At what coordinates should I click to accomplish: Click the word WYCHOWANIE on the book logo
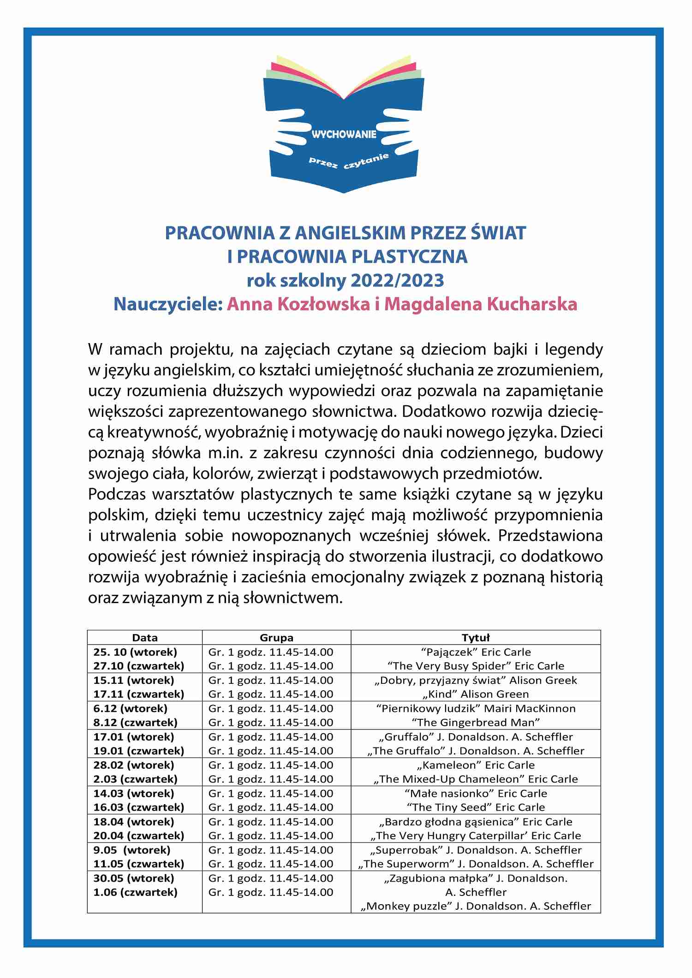(x=344, y=135)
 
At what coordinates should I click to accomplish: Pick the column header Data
(x=144, y=638)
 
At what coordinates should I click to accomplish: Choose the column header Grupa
(x=276, y=638)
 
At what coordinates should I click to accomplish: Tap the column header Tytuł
(x=476, y=638)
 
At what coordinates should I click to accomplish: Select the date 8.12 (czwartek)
(x=135, y=723)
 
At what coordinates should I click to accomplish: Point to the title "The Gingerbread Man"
(x=476, y=723)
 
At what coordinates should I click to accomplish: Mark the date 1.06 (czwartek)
(x=135, y=892)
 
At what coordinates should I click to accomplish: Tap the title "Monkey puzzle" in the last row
(x=407, y=906)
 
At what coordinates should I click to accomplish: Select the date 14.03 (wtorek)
(x=134, y=794)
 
